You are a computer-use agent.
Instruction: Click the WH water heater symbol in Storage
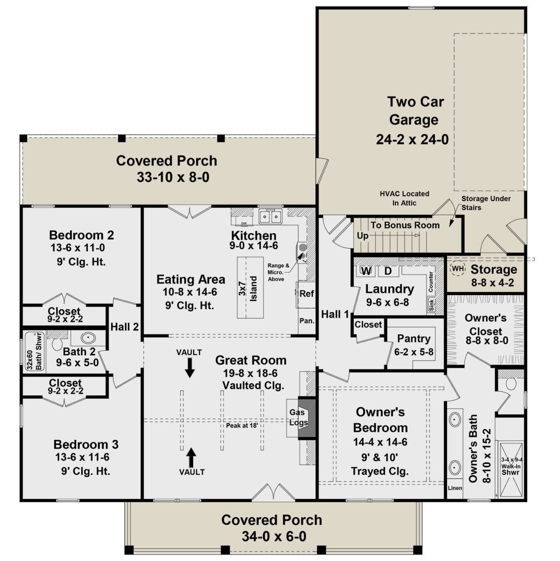tap(458, 269)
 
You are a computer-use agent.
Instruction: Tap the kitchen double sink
tap(271, 216)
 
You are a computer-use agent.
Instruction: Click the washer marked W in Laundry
tap(366, 271)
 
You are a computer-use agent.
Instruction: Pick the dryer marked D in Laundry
tap(388, 271)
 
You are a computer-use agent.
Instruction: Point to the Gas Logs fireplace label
tap(298, 417)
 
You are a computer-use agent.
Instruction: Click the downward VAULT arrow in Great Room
tap(190, 367)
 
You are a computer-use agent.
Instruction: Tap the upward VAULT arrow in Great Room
tap(191, 458)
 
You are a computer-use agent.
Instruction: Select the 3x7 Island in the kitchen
tap(250, 288)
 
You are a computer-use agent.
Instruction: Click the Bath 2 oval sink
tap(88, 338)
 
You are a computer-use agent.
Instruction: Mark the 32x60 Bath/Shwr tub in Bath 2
tap(35, 352)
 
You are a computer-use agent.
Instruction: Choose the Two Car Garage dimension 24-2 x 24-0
tap(412, 139)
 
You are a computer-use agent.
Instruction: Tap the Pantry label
tap(414, 339)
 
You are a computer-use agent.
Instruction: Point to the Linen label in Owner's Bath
tap(455, 488)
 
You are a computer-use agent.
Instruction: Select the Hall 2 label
tap(125, 327)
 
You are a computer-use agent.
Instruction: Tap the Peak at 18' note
tap(242, 425)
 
